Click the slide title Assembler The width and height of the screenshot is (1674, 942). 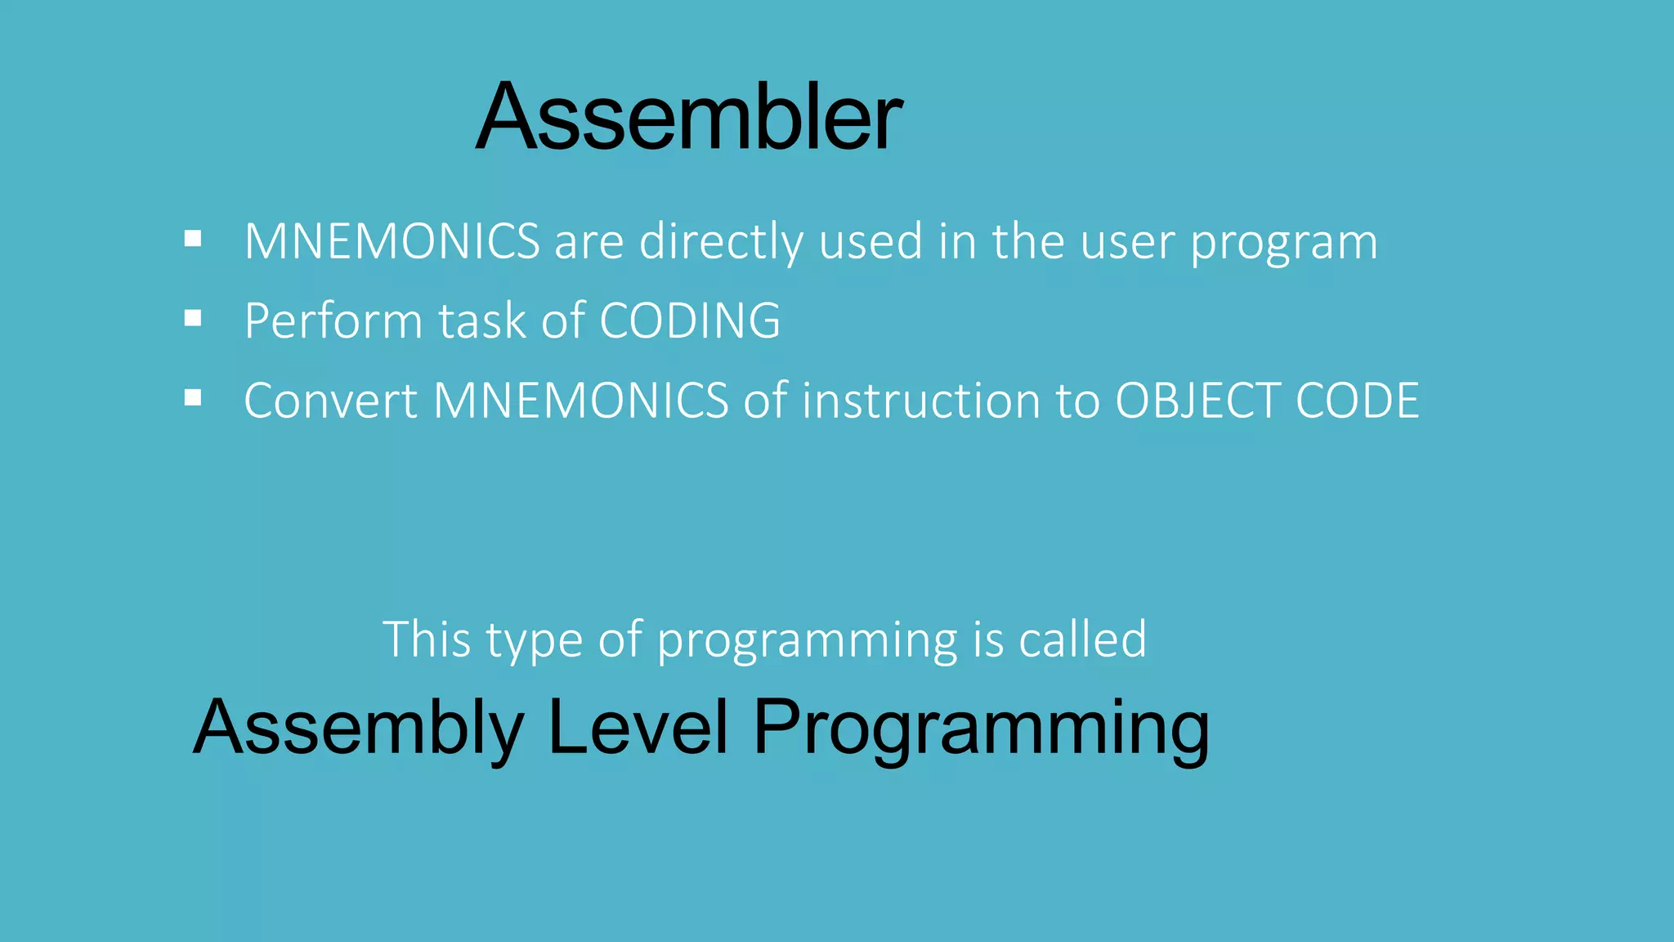(689, 117)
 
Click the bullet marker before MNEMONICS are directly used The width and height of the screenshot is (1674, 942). (193, 239)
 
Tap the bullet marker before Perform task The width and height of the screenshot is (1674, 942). (193, 318)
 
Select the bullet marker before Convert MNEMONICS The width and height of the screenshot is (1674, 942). (193, 398)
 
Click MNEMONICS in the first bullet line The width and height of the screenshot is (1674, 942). (392, 242)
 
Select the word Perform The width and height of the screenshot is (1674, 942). (333, 321)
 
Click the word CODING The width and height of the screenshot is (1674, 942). (689, 321)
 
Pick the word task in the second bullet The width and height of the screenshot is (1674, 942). (482, 321)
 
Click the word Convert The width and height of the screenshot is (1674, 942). (331, 401)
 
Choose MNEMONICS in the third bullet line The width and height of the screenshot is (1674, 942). (580, 401)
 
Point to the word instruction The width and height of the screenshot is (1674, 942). (920, 401)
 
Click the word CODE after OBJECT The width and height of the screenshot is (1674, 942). (1358, 401)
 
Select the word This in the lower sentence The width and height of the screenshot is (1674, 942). (426, 639)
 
